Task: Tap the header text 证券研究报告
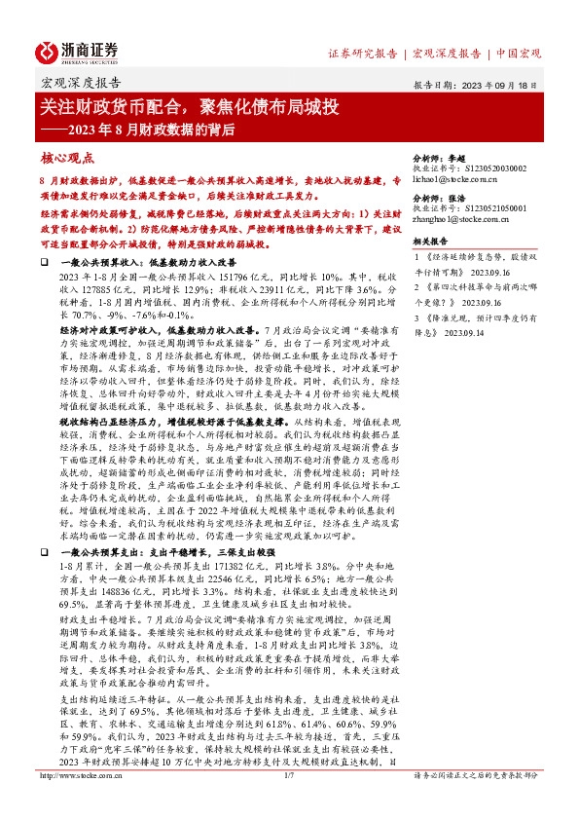[x=360, y=54]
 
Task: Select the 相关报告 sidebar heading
[x=430, y=241]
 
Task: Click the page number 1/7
[x=289, y=802]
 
